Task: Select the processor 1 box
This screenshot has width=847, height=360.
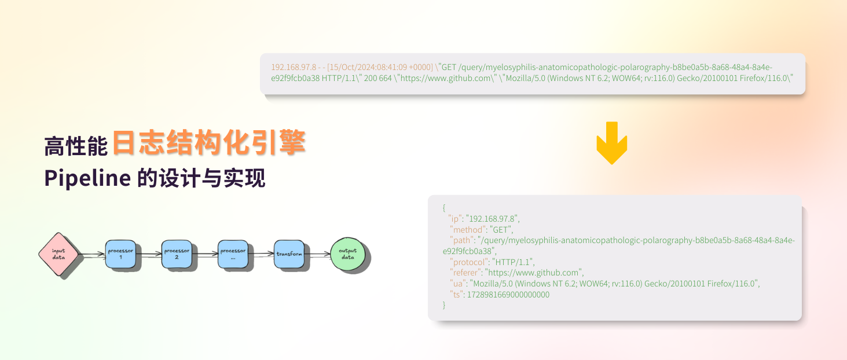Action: pos(121,254)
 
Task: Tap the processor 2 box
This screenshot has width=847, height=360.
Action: pos(177,254)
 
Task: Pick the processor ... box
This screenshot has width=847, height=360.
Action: pos(233,254)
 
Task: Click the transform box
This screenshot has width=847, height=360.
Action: pos(289,254)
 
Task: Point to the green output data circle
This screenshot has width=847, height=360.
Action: pos(347,254)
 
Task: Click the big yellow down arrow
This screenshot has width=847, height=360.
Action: pos(611,142)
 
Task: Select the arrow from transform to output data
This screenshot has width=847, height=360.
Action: pos(317,254)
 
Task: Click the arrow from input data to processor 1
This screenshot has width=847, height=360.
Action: pos(91,254)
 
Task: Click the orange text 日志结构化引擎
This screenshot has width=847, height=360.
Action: pos(208,143)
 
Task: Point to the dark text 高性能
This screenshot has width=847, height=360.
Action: pos(76,146)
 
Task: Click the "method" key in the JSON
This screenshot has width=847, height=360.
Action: pos(467,229)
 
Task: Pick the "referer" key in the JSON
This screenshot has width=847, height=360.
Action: pos(465,273)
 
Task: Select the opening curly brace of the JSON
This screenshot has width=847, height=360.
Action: pos(443,207)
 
